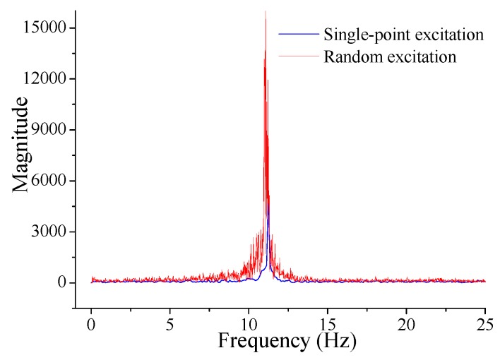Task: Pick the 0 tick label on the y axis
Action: pos(61,282)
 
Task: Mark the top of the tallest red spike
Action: pos(265,12)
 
